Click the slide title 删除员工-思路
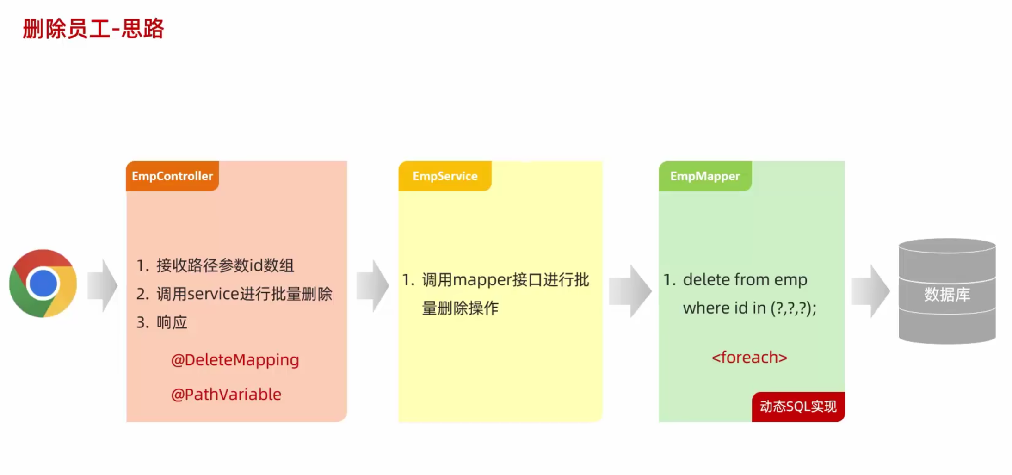click(93, 29)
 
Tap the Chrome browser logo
click(43, 283)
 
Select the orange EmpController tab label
click(172, 176)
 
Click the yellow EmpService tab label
click(445, 176)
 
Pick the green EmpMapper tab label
click(705, 176)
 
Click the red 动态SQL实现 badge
click(798, 407)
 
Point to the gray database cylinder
click(947, 291)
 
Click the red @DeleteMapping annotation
click(235, 360)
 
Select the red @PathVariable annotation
click(226, 395)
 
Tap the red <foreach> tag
click(749, 358)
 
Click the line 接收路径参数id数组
click(225, 265)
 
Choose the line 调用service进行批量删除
click(244, 294)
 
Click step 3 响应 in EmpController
click(172, 322)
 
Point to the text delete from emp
click(745, 280)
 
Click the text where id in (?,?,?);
click(749, 308)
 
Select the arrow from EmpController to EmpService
click(373, 285)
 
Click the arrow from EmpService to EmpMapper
click(630, 291)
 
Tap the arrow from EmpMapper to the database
click(870, 291)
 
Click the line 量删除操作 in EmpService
click(460, 308)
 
